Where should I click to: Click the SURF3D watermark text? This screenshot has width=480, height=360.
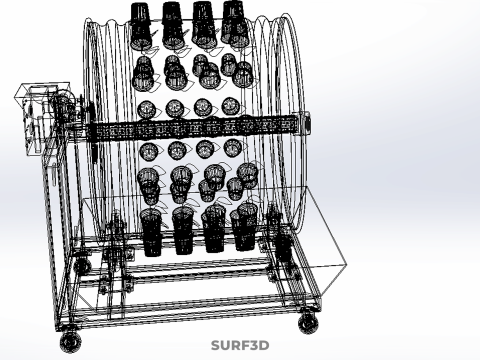click(240, 345)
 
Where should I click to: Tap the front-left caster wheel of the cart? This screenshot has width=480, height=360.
click(71, 342)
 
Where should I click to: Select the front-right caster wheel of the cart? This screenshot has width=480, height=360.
click(308, 323)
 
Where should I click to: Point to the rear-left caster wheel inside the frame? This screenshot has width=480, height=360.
click(82, 265)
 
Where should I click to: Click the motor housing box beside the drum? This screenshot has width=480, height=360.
click(42, 118)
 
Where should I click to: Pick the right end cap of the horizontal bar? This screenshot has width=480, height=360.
click(307, 123)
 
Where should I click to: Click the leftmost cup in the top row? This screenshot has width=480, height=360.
click(141, 27)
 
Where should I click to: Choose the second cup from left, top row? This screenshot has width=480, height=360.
click(173, 25)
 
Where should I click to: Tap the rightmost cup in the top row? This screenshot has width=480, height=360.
click(235, 24)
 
